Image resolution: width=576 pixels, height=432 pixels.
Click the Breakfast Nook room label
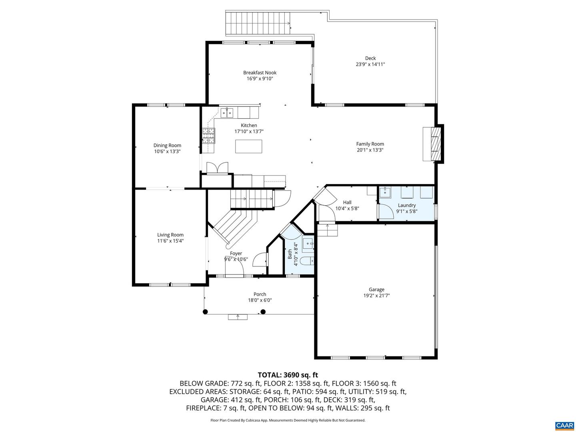coord(260,73)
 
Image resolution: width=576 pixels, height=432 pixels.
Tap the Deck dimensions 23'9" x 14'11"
coord(370,64)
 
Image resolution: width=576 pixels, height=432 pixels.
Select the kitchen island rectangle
coord(248,146)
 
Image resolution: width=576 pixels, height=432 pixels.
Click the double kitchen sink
coord(227,113)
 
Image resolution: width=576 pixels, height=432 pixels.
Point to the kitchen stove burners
coord(209,136)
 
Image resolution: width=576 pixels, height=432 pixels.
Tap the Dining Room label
coord(167,145)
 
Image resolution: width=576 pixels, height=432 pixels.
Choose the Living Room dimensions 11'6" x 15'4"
coord(170,241)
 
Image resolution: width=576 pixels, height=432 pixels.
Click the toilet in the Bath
coord(307,261)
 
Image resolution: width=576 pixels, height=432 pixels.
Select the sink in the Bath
coord(308,244)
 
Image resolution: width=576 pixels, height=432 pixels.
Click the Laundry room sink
coord(384,192)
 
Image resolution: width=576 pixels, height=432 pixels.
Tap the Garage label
coord(376,289)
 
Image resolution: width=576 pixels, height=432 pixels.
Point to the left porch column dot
coord(205,312)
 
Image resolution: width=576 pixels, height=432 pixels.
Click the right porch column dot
coord(263,312)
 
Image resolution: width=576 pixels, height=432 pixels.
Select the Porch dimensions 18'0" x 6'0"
coord(260,300)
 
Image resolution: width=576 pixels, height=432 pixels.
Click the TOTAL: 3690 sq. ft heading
coord(288,375)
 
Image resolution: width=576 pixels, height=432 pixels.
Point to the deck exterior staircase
coord(258,23)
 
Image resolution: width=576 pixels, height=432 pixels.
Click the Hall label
coord(347,202)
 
